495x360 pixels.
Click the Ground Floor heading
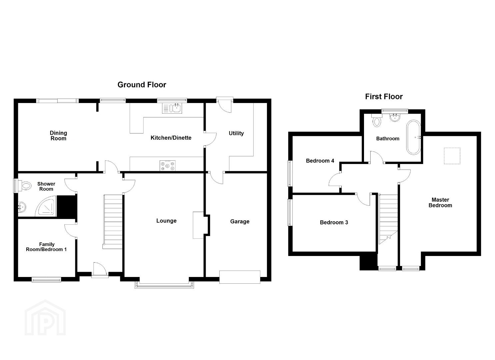pos(142,85)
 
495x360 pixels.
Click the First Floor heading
pos(384,97)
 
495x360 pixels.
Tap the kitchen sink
pos(172,108)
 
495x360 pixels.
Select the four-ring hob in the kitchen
pos(168,166)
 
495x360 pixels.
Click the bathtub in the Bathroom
pos(413,137)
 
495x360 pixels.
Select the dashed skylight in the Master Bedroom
pos(452,156)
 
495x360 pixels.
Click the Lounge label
pos(166,221)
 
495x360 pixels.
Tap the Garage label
pos(240,221)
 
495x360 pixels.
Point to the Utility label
pos(236,133)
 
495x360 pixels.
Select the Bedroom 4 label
pos(320,161)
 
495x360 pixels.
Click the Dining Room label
pos(58,136)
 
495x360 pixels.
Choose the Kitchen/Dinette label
pos(171,138)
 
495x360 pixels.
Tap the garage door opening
pos(240,277)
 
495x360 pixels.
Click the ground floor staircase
pos(113,222)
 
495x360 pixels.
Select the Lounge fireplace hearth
pos(198,225)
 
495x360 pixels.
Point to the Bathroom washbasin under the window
pos(395,118)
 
